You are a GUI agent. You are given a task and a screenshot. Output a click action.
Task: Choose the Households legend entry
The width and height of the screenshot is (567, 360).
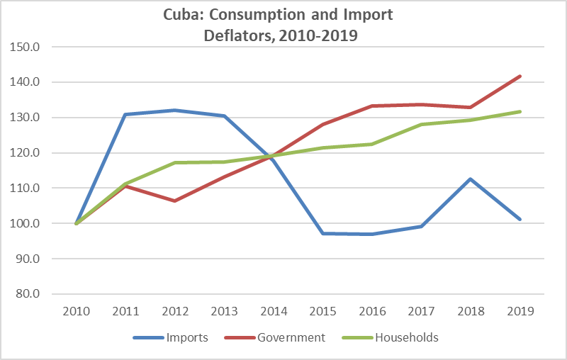click(407, 337)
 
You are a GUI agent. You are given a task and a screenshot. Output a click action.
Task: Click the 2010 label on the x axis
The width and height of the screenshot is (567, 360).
click(76, 311)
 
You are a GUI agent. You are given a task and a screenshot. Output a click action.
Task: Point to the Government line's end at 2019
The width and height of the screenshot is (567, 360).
click(520, 76)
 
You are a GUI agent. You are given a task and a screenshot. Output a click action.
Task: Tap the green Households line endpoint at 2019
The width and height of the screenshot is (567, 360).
click(520, 111)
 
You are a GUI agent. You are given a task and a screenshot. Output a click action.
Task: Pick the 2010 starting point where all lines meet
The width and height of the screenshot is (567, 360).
click(76, 223)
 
